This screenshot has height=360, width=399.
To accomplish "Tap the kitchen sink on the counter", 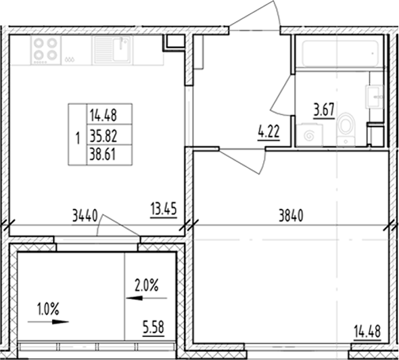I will point(114,49).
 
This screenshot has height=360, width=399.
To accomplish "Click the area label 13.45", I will point(163,208).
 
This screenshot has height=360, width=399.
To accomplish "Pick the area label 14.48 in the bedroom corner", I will point(367,332).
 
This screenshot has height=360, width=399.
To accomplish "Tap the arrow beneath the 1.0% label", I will point(50,323).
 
